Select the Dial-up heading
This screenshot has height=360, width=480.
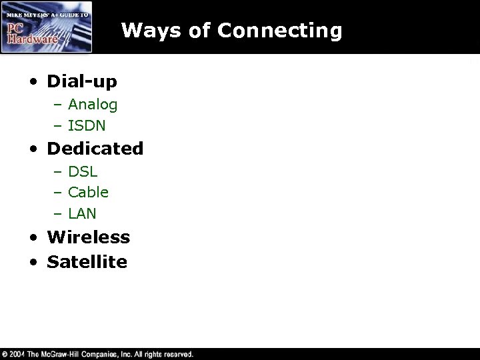point(81,81)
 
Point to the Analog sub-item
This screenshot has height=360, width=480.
point(93,104)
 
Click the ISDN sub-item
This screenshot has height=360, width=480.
point(87,125)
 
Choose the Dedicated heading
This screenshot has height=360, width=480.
point(95,148)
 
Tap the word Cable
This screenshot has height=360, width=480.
point(88,192)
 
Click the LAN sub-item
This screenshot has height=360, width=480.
point(82,213)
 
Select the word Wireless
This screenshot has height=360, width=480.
point(88,237)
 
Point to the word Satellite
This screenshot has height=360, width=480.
point(87,261)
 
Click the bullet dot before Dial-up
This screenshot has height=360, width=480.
point(34,83)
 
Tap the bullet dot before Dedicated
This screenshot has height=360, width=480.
point(34,149)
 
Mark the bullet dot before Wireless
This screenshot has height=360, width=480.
point(34,239)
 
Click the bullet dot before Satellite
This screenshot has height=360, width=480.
point(34,263)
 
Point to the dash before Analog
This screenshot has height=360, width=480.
point(59,105)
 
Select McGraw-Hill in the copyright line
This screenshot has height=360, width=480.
point(66,354)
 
